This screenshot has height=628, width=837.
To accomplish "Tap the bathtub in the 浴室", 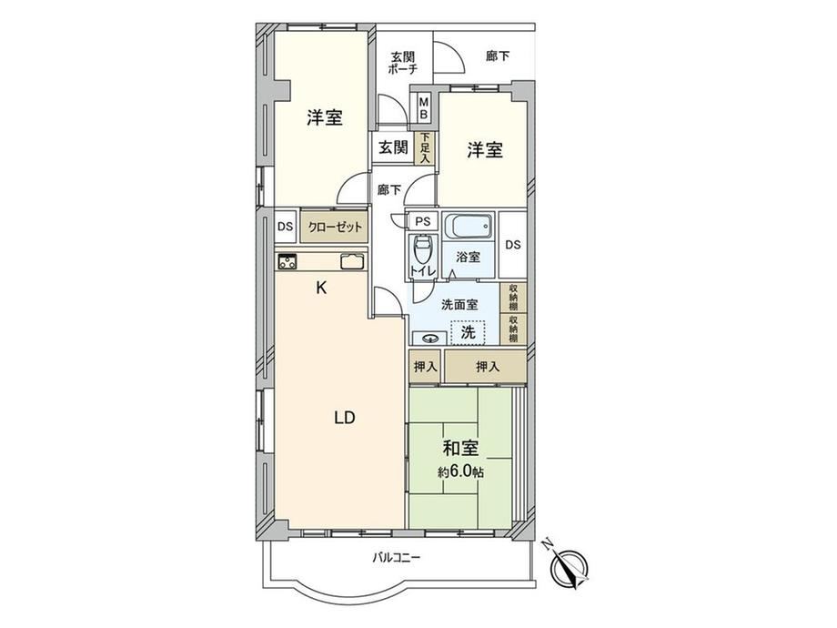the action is (469, 228).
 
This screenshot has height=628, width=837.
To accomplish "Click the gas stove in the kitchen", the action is (287, 262).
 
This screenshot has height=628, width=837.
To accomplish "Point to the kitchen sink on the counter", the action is (353, 262).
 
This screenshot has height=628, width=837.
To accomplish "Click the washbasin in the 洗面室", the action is (430, 338).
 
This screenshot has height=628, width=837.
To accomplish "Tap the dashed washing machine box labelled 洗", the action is (469, 332).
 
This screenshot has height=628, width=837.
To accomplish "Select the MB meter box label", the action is (424, 108).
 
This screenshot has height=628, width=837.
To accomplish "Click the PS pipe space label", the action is (423, 221).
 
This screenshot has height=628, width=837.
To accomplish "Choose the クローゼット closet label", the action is (335, 227).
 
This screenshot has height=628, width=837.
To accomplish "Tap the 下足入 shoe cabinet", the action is (425, 148).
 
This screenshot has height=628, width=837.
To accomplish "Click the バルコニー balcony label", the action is (396, 559).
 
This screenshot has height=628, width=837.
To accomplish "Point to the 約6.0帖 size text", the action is (461, 472).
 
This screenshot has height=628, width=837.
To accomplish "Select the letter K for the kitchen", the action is (321, 289).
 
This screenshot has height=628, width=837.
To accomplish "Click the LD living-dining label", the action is (345, 418).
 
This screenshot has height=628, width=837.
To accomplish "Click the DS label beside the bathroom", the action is (513, 245).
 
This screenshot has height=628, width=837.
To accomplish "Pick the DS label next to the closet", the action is (285, 227).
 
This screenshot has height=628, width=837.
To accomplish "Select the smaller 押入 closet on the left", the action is (425, 366).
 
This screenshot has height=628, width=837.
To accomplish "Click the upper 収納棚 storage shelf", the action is (513, 298).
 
